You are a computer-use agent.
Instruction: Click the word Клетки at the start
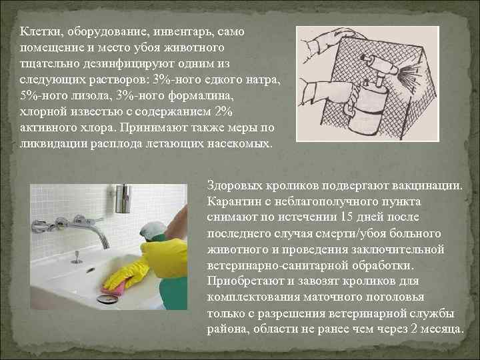[37, 32]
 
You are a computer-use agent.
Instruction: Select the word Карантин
[233, 201]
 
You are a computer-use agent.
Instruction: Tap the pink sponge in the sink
[113, 287]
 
